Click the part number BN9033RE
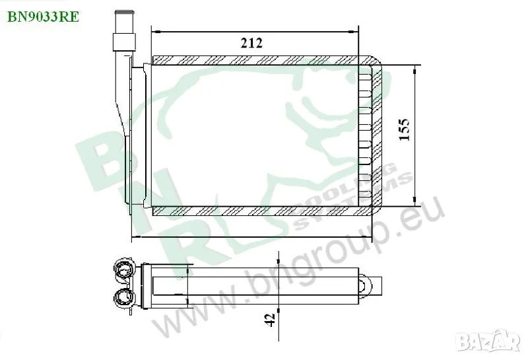[43, 17]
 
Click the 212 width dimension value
[251, 43]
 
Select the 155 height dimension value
[404, 129]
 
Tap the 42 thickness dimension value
[270, 320]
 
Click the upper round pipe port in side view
[123, 270]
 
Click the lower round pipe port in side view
[123, 297]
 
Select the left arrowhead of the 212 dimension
[156, 32]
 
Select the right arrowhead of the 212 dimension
[354, 32]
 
